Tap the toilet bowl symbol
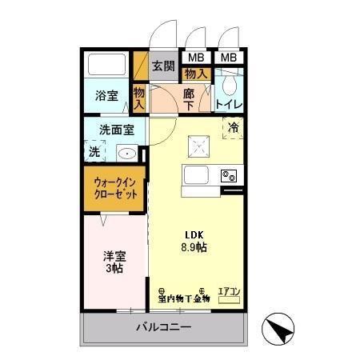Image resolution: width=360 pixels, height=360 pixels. point(229,83)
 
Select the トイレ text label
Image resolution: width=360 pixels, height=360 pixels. point(229,105)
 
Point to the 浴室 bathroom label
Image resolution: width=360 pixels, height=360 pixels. point(107,96)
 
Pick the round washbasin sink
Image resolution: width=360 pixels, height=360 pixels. point(127,153)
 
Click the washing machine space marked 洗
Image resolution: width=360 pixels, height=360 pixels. point(95,150)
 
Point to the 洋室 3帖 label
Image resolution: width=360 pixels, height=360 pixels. point(114,263)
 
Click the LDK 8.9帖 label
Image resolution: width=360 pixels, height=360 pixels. point(196,241)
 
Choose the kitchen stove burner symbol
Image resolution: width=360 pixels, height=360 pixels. point(229,175)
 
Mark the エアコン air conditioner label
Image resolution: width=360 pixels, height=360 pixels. point(229,292)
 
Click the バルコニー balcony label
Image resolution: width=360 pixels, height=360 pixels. point(163,326)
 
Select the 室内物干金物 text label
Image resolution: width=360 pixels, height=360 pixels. point(183,298)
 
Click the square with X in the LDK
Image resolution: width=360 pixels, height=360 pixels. point(198,145)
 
